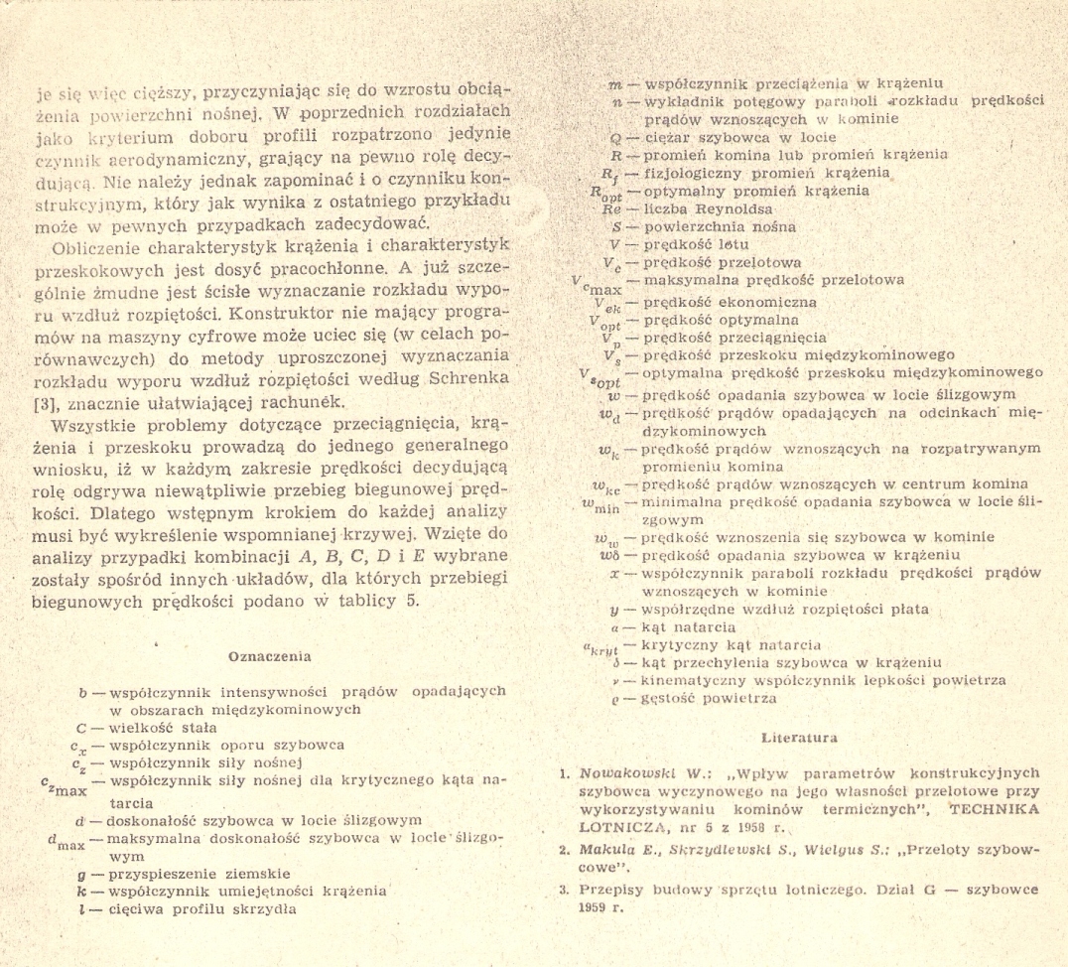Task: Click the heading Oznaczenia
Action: (x=270, y=656)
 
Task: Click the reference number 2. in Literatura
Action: (x=562, y=851)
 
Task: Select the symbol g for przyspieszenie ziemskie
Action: (x=91, y=874)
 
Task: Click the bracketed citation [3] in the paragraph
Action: (x=62, y=400)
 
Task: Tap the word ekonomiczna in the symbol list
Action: (x=758, y=302)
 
